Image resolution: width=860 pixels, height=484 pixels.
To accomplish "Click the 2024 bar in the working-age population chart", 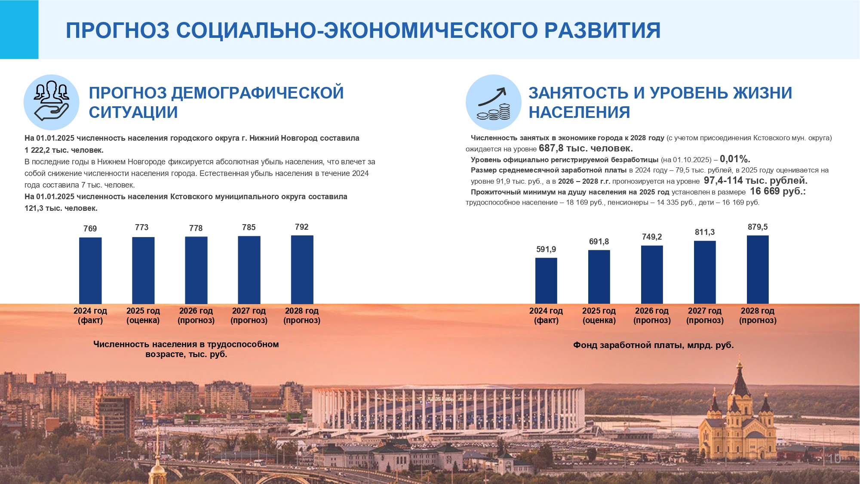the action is coord(90,271).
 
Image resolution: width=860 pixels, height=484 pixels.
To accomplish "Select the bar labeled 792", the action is coord(302,270).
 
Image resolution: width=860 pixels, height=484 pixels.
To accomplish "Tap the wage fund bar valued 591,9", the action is coord(546,281).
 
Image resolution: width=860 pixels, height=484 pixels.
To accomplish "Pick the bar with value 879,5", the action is coord(758,270).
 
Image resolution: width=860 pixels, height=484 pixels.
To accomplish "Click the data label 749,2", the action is coord(652,237).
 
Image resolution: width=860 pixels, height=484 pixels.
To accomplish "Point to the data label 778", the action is coord(196,228).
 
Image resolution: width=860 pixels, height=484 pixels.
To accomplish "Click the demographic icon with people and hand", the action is coord(52,102).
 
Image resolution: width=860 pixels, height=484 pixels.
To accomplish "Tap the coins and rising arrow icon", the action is coord(494,102).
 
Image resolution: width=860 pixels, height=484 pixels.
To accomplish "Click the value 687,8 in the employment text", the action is coord(551,148).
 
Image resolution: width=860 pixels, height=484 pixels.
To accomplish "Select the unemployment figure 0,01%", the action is coord(735,159).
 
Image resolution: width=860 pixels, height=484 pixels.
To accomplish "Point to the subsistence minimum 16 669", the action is coord(765,191).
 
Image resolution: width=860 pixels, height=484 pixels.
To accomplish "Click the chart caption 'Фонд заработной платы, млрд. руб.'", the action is coord(653,345).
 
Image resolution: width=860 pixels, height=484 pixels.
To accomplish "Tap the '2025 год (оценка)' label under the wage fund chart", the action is coord(599,315).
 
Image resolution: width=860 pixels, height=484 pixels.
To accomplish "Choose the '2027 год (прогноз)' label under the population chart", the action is coord(249,315).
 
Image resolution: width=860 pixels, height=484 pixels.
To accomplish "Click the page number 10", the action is coord(834,459).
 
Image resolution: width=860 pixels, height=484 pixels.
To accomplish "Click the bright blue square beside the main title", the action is coord(19,29).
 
